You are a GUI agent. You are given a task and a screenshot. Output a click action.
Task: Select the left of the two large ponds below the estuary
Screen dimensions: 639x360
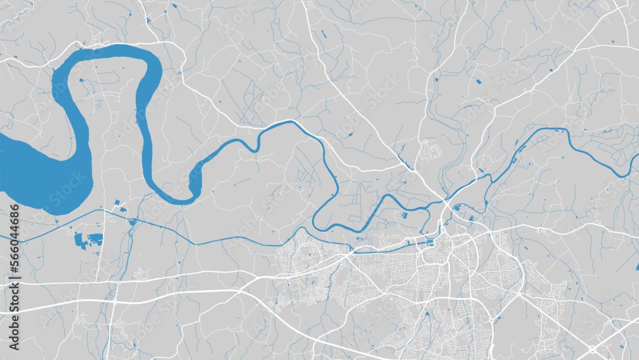[x=81, y=240]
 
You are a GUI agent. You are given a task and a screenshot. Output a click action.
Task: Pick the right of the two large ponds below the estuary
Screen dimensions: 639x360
[x=95, y=240]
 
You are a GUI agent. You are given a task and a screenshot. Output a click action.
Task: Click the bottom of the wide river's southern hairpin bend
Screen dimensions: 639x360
[x=179, y=200]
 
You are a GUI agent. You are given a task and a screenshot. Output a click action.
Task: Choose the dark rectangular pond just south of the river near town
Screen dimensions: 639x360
[x=403, y=217]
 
